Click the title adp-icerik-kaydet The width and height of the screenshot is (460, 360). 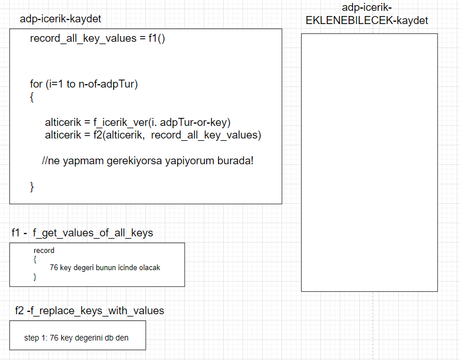(x=60, y=19)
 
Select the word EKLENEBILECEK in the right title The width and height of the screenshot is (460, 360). (x=348, y=21)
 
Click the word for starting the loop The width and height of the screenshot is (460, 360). (x=36, y=84)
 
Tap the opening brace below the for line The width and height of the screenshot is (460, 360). (x=32, y=97)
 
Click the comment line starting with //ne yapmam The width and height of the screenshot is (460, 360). (x=147, y=160)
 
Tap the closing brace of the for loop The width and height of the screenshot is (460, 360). (x=32, y=186)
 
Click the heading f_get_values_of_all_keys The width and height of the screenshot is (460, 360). (x=93, y=233)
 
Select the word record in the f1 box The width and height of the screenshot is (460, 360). (x=44, y=251)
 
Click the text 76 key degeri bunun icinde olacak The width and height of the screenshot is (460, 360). (x=109, y=267)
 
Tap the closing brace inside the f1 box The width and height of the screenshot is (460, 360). (x=35, y=276)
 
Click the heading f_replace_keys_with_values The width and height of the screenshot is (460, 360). (x=98, y=311)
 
